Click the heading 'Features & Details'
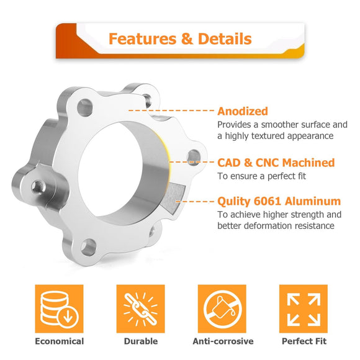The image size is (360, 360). coord(180,38)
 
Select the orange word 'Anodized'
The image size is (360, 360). coord(243,111)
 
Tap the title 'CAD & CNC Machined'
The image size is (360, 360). coord(276,163)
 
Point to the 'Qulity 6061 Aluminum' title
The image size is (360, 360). coord(279,201)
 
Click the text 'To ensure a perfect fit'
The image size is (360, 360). coord(261,176)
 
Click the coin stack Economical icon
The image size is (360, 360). coord(59,308)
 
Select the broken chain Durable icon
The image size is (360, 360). coord(140,308)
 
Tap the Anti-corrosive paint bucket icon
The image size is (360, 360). coord(222,308)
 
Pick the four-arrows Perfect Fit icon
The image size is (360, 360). coord(304,308)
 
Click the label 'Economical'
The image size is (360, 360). coord(59,341)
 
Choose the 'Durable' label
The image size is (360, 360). coord(141,341)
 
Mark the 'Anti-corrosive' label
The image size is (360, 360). coord(223,341)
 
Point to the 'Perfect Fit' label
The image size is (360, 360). coord(304,341)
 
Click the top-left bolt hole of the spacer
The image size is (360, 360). coord(84,107)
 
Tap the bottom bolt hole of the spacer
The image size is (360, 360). coord(88,247)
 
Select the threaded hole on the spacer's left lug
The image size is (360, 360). coord(38,187)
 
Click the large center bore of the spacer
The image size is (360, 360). coord(110,169)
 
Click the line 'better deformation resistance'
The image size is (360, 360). coord(276,226)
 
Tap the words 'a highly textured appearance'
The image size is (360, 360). coord(276,136)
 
